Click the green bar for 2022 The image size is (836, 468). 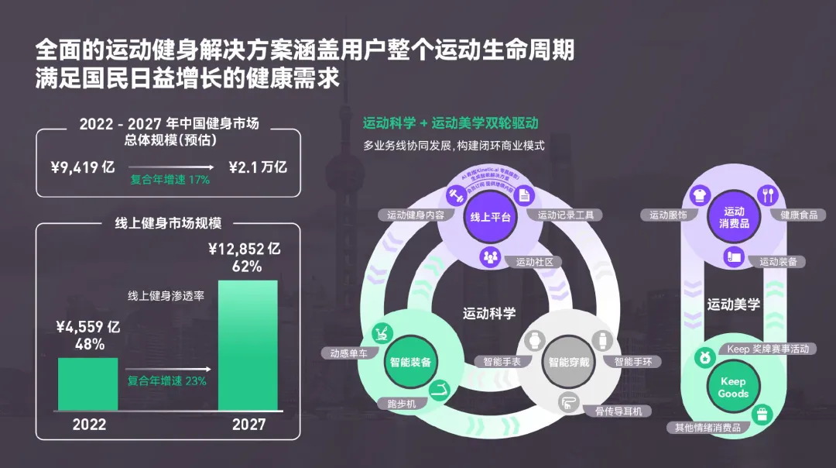87,384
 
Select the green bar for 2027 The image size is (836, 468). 247,345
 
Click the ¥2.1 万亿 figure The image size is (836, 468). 259,167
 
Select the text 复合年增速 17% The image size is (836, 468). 170,180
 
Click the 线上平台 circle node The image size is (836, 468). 491,218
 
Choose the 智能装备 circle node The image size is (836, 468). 410,362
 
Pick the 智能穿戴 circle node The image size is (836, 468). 569,362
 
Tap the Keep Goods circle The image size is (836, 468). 732,387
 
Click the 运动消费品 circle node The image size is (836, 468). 734,217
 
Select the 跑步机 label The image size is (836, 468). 402,404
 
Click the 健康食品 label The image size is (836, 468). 799,215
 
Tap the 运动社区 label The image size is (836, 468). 535,262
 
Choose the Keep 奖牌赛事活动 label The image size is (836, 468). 767,349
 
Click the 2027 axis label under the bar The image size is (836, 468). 248,425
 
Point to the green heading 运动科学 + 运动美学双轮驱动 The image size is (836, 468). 451,123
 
